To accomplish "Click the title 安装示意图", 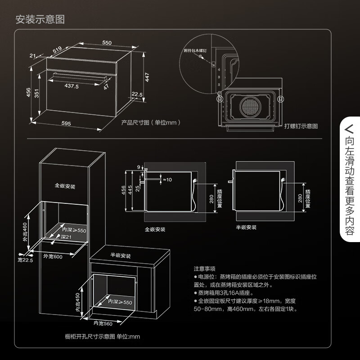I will coord(40,20).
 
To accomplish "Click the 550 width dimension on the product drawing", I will coord(107,43).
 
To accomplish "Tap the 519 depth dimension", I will coord(57,51).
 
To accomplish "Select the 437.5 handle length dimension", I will coord(72,85).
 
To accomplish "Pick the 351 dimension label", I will coord(38,94).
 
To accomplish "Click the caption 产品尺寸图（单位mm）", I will coord(151,122).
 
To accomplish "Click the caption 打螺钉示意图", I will coord(301,126).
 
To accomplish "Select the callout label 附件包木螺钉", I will coord(196,53).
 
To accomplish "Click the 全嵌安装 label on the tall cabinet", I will coord(65,185).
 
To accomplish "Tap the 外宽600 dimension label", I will coord(53,256).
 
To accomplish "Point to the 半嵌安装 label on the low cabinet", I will coord(121,256).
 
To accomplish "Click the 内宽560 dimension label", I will coord(103,323).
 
